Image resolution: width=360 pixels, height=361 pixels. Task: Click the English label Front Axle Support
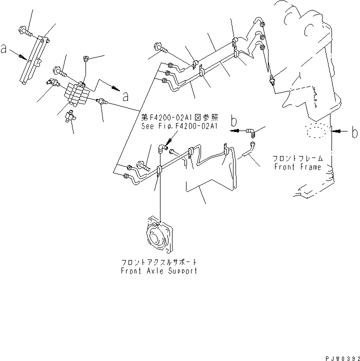[x=158, y=270]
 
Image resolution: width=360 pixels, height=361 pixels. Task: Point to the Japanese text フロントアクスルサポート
[x=158, y=262]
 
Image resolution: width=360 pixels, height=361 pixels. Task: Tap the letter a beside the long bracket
[x=4, y=49]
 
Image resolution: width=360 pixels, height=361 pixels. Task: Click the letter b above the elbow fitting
[x=233, y=121]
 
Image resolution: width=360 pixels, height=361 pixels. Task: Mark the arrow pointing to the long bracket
[x=19, y=55]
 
